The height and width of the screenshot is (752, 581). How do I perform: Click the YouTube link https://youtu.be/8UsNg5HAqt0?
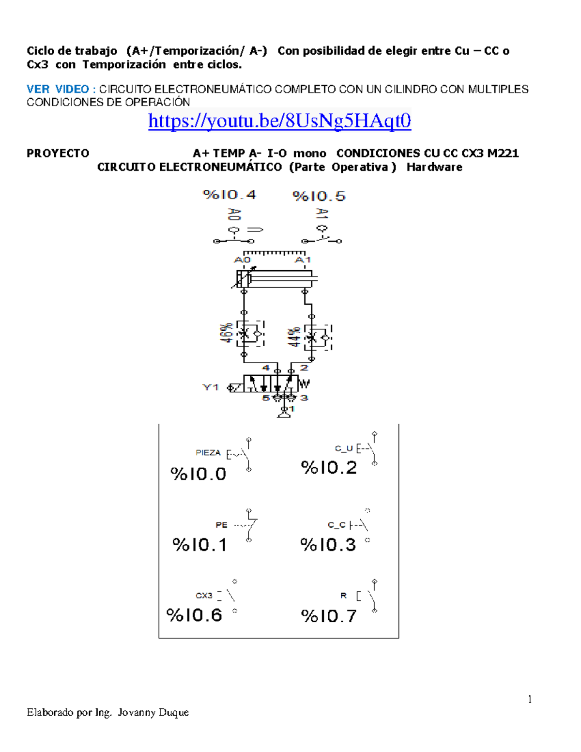click(279, 121)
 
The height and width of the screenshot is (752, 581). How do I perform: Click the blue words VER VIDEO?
click(58, 89)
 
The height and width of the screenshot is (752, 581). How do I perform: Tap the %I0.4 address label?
click(229, 195)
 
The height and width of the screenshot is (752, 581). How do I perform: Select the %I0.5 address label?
click(319, 196)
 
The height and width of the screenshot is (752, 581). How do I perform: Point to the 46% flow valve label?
click(226, 333)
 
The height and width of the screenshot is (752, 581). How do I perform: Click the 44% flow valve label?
click(293, 337)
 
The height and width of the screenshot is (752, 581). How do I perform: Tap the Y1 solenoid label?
click(211, 387)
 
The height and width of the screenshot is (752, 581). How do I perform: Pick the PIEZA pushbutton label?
click(208, 453)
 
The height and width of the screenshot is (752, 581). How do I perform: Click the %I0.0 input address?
click(199, 474)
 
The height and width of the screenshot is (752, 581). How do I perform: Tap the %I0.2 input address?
click(329, 468)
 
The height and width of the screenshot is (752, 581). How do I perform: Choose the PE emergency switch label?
click(221, 525)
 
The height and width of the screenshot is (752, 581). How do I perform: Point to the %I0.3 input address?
click(328, 545)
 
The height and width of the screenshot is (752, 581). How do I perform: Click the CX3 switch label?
click(204, 596)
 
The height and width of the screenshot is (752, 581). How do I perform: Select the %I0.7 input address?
click(329, 616)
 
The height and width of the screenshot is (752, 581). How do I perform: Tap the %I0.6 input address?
click(194, 615)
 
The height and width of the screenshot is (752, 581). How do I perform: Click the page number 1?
click(530, 699)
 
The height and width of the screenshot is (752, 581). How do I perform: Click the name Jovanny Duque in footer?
click(153, 712)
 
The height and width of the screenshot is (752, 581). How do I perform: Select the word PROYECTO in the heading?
click(58, 153)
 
